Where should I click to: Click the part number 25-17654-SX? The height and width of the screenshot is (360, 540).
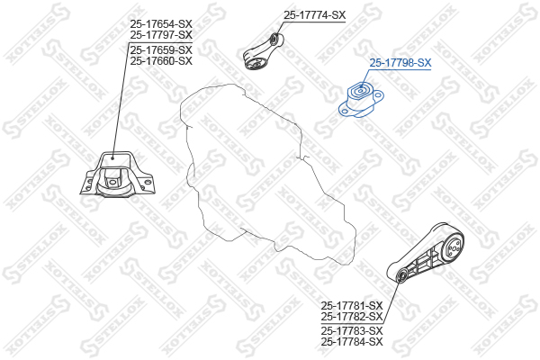click(161, 22)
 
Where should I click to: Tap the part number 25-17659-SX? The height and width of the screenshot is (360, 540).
click(161, 49)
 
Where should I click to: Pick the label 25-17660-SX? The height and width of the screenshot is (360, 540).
click(161, 61)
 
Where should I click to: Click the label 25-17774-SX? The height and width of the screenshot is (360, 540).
click(314, 15)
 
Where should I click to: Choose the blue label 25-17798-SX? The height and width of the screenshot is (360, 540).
click(400, 63)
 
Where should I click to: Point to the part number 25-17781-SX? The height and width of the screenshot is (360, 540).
click(352, 305)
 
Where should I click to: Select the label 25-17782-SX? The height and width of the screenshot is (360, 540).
click(352, 317)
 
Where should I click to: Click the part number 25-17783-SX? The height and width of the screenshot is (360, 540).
click(352, 330)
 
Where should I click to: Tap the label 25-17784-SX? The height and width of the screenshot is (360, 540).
click(352, 342)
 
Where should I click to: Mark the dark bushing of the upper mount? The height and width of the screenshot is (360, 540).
click(254, 60)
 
